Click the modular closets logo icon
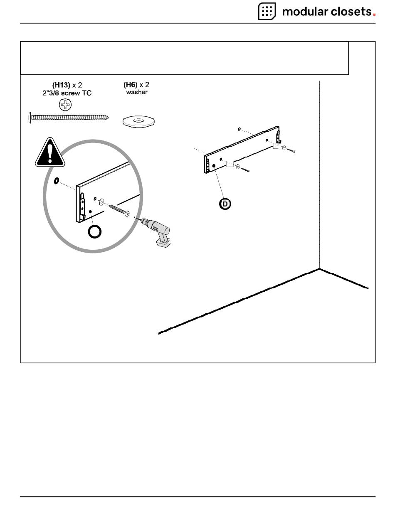click(x=267, y=11)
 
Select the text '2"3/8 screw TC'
click(x=70, y=93)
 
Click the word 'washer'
click(x=136, y=92)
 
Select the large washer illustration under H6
click(x=138, y=121)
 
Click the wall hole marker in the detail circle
click(x=56, y=181)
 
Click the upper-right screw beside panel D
click(x=291, y=150)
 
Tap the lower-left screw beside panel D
click(x=244, y=170)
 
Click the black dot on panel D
click(x=214, y=166)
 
